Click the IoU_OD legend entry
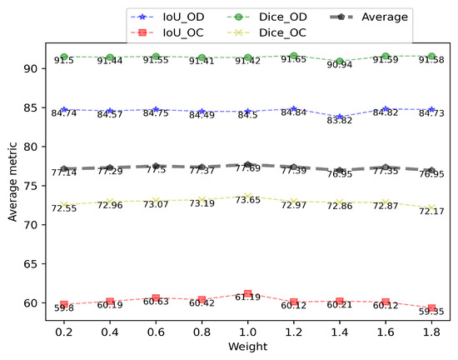pos(177,17)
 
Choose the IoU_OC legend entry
pos(177,32)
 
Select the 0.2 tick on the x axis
pos(63,330)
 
